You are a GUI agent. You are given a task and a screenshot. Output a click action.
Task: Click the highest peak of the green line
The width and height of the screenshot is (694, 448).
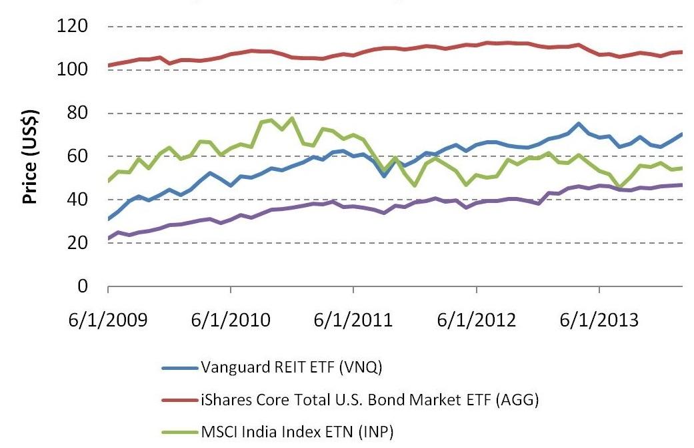click(x=292, y=118)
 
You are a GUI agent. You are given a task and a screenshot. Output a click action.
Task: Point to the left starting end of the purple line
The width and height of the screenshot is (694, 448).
click(x=108, y=238)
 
